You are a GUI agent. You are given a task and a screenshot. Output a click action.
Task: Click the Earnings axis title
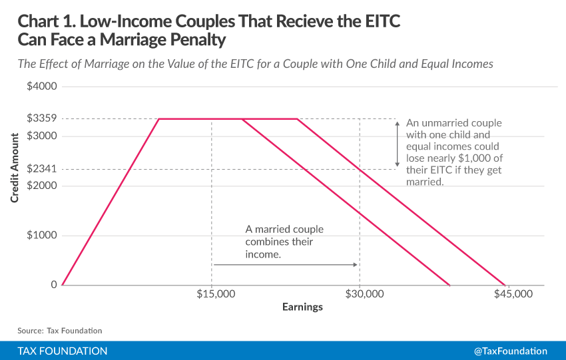point(302,307)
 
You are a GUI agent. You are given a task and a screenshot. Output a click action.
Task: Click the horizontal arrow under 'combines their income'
point(286,265)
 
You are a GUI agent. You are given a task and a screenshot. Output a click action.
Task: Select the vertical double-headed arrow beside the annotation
point(398,144)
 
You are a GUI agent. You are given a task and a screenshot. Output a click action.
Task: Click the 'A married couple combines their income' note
point(284,242)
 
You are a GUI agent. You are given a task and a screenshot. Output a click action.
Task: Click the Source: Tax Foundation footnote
point(60,330)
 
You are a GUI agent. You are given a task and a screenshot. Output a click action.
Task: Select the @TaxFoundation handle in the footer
point(510,351)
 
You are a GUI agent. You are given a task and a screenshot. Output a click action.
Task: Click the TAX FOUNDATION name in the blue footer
point(63,351)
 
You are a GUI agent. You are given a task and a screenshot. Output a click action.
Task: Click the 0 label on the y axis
point(54,285)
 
